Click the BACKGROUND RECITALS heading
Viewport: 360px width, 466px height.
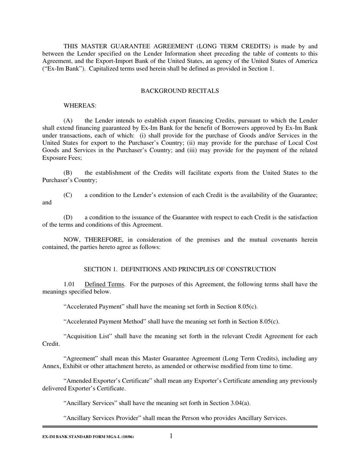(180, 91)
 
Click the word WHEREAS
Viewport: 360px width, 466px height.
(80, 106)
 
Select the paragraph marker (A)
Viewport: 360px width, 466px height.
(68, 121)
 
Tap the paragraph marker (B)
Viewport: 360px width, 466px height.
(68, 173)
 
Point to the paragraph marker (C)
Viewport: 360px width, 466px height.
(68, 195)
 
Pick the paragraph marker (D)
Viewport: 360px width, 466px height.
(68, 217)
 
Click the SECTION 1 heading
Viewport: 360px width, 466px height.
(180, 269)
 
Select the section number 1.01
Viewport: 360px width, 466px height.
(69, 285)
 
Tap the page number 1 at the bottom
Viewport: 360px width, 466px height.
(171, 436)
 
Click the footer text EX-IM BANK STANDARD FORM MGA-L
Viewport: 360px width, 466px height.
(88, 437)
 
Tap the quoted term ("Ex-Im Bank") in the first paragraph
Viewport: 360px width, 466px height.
(61, 69)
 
